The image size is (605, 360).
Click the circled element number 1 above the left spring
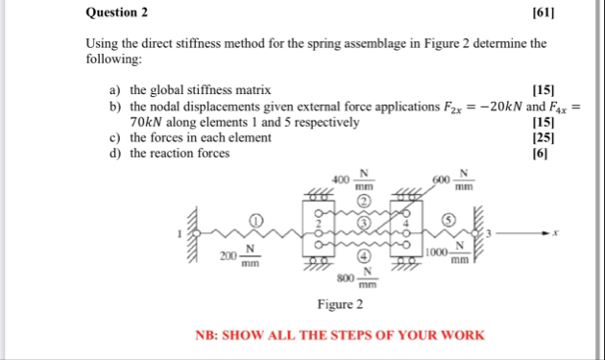(256, 220)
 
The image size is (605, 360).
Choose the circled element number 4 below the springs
(365, 256)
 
